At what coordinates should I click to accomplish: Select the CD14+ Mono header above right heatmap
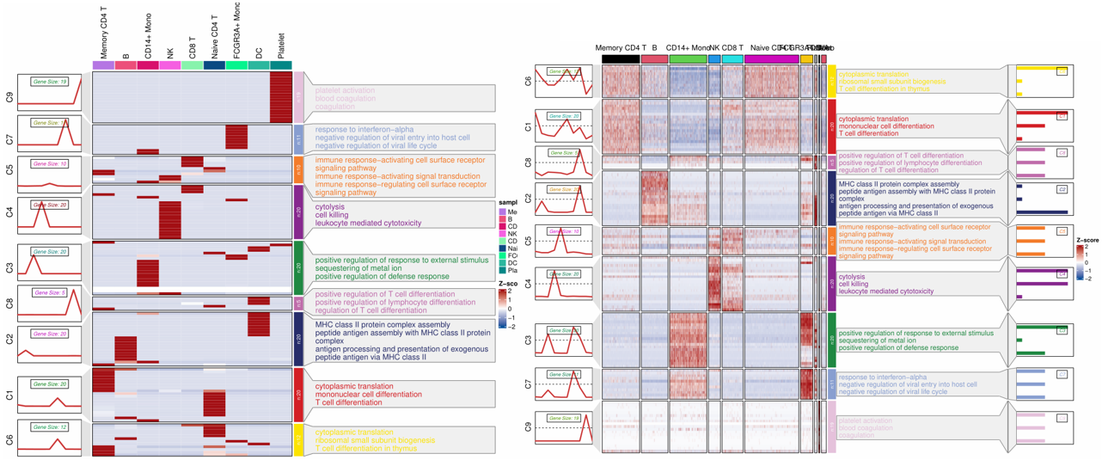click(x=688, y=48)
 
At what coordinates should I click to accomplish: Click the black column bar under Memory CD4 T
click(x=621, y=59)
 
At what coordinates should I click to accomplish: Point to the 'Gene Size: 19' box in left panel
click(x=50, y=81)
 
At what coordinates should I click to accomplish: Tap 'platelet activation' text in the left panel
click(x=345, y=90)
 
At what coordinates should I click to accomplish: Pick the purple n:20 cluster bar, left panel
click(x=299, y=212)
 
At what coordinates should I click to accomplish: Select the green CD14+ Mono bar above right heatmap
click(x=688, y=59)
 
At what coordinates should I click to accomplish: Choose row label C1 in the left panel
click(x=9, y=395)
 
